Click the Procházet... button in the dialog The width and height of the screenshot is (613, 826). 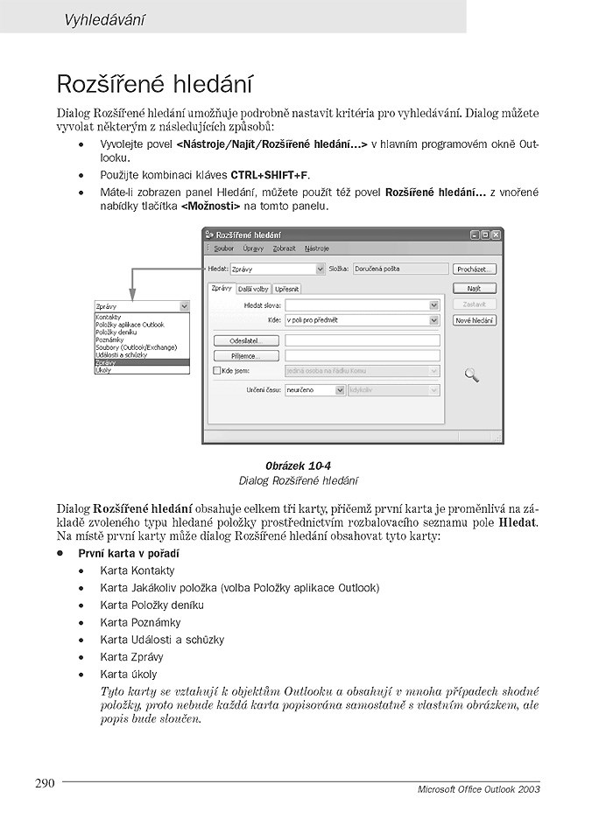(476, 269)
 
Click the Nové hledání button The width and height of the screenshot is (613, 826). (476, 321)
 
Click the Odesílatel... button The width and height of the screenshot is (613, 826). (246, 340)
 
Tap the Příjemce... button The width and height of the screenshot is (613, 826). (246, 356)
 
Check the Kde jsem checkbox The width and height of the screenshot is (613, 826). (217, 371)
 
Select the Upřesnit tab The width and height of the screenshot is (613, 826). (286, 289)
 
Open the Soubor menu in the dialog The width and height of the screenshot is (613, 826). (224, 248)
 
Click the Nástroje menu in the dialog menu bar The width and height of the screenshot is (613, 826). (317, 248)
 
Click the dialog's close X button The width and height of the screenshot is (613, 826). (497, 234)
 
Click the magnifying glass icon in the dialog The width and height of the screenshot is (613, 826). (472, 375)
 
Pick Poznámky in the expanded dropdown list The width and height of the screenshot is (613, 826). (111, 339)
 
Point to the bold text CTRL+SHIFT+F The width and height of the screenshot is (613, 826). (270, 175)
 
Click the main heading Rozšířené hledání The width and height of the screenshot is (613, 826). (154, 84)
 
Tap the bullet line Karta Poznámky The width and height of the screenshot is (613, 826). (140, 622)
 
